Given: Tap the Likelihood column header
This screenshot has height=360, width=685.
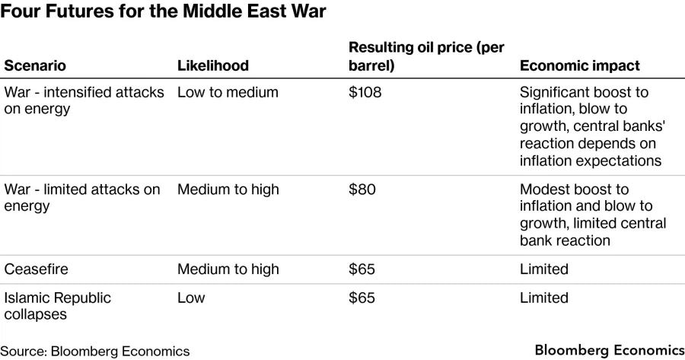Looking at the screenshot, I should [x=212, y=65].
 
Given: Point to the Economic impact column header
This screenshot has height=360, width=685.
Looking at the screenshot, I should [x=579, y=65].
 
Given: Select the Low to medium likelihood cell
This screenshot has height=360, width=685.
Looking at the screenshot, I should [x=228, y=92].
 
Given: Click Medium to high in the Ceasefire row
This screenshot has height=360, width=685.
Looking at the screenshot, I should [x=228, y=269].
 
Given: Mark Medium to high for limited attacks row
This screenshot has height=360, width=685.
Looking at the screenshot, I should [x=228, y=189].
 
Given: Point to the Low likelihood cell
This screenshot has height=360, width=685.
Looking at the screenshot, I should [x=191, y=298].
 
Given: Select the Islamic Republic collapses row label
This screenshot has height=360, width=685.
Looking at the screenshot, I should [x=58, y=305].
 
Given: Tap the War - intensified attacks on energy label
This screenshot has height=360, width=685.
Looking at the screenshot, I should [x=84, y=100].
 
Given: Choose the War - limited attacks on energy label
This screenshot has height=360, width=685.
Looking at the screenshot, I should [x=82, y=197].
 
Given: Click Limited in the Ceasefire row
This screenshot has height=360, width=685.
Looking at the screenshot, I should [x=543, y=269].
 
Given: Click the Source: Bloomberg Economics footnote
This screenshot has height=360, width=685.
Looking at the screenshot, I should [x=94, y=351].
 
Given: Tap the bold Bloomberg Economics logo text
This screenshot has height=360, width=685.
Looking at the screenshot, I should [x=609, y=350].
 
